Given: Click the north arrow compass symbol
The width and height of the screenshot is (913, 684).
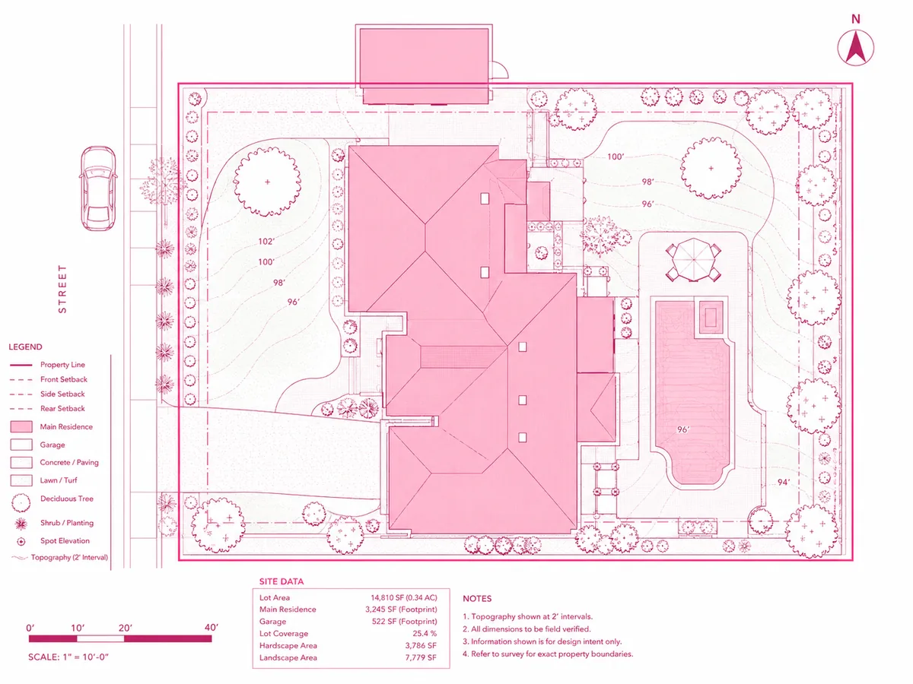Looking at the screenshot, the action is [x=855, y=47].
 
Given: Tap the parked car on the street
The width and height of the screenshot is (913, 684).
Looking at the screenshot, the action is [x=98, y=188].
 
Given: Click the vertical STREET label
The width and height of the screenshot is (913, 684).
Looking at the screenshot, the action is [x=62, y=289].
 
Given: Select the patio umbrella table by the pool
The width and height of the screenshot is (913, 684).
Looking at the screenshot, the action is [x=693, y=260].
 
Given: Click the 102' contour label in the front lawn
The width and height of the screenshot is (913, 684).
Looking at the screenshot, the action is [x=266, y=241].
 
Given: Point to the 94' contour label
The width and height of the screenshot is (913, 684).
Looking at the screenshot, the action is [x=783, y=482].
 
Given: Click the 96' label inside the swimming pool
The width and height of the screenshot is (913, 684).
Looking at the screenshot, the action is [x=683, y=429].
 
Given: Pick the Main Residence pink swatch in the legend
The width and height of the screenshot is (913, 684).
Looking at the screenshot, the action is [x=21, y=426].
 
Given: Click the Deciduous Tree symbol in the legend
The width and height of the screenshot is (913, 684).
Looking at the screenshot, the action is [x=21, y=503].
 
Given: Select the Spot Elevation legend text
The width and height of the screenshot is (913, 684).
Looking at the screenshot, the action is [x=65, y=540].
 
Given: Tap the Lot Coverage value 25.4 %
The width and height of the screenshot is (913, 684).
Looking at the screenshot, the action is [x=425, y=634].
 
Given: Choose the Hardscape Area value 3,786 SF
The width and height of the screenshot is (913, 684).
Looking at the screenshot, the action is [x=421, y=646].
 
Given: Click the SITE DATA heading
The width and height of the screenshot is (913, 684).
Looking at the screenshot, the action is [x=282, y=581].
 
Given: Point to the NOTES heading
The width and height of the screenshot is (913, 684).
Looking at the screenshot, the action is [x=477, y=598].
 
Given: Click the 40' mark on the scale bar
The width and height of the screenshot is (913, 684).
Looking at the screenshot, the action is [x=212, y=628].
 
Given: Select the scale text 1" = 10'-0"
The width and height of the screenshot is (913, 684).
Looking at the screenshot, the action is [x=86, y=657].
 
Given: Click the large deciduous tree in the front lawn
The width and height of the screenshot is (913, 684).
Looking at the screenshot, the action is [x=267, y=182].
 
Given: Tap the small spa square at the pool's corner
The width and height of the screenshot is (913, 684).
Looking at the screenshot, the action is [x=711, y=317].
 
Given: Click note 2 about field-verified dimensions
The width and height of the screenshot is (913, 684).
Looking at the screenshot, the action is [x=526, y=629].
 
